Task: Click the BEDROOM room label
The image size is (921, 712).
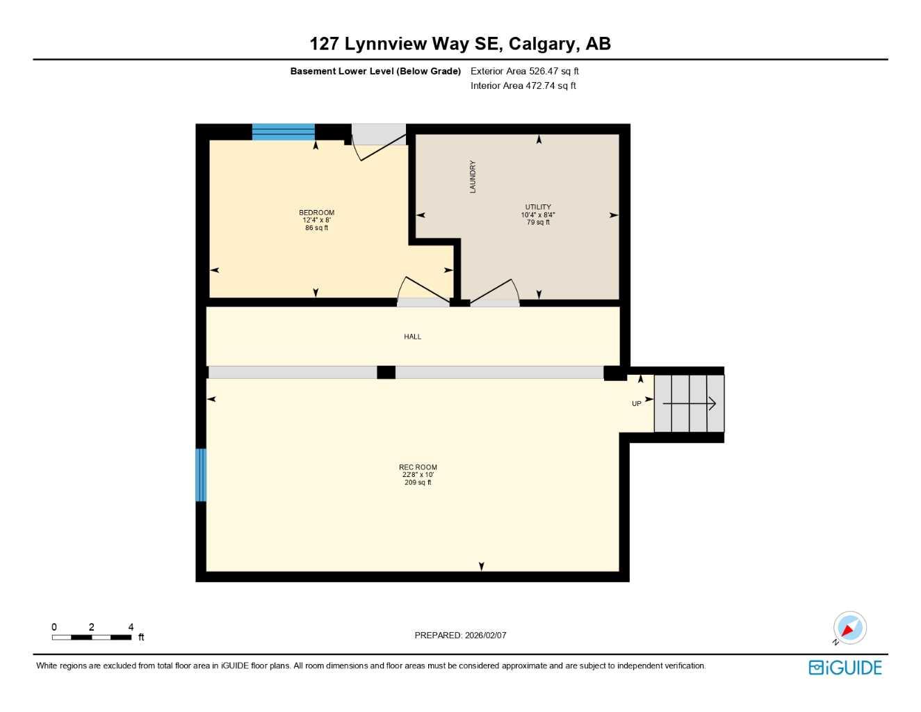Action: click(x=316, y=213)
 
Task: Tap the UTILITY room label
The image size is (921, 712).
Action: click(x=538, y=207)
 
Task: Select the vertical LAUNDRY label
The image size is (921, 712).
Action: click(x=473, y=177)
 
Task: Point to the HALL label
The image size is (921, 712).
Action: click(x=412, y=337)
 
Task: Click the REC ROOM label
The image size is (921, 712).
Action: click(x=418, y=467)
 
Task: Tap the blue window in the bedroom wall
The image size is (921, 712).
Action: click(x=284, y=132)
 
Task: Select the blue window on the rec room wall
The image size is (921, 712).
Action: click(x=201, y=475)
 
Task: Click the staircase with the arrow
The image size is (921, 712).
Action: click(x=689, y=403)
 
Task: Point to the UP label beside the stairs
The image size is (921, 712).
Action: click(x=636, y=404)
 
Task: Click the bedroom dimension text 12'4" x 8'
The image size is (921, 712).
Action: click(x=316, y=220)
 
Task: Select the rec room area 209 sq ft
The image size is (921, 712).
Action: click(x=418, y=483)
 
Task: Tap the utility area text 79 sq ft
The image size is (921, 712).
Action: click(x=538, y=222)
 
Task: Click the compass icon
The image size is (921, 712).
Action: click(x=849, y=628)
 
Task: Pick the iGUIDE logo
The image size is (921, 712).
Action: click(x=845, y=667)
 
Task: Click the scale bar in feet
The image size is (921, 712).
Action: click(x=92, y=637)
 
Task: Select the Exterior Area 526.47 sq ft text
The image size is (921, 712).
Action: click(x=524, y=71)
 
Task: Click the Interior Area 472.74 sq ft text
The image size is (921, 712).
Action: click(x=523, y=86)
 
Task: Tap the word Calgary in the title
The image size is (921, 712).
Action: click(x=544, y=44)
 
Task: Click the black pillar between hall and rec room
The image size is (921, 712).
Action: click(x=386, y=372)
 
